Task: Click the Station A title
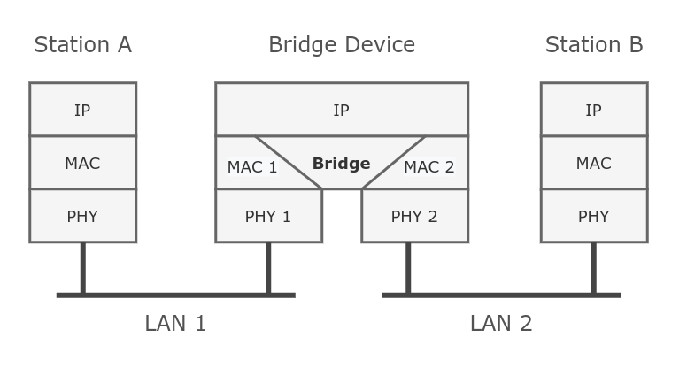82,45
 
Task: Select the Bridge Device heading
341,45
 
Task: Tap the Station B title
593,45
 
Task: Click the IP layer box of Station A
82,110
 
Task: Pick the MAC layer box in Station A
82,163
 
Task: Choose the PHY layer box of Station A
82,216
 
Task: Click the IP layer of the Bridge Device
341,110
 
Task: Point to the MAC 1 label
252,167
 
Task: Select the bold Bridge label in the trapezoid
341,164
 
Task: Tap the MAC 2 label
429,167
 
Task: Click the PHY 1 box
268,216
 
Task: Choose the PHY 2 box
414,216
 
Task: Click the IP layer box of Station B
593,110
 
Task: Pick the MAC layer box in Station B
593,163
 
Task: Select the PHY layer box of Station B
593,216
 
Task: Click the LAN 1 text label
175,324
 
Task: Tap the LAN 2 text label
501,324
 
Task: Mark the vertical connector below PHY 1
268,267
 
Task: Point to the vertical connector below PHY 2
408,267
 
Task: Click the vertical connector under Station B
593,267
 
